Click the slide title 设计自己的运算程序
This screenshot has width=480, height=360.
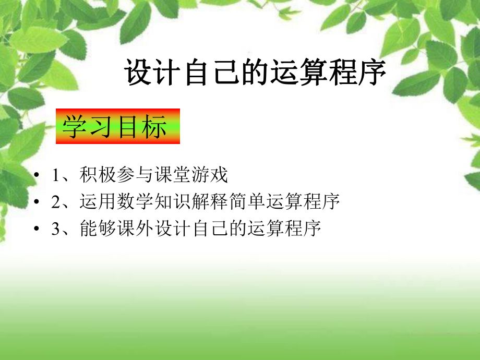[x=255, y=74]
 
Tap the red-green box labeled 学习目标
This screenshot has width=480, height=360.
[x=118, y=126]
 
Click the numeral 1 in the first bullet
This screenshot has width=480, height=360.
[x=56, y=175]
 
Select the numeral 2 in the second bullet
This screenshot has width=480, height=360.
[x=56, y=202]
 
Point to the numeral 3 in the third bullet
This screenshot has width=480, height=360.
[x=56, y=229]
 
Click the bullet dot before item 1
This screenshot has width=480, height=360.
[x=35, y=176]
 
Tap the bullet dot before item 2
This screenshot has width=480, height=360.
[x=35, y=202]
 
